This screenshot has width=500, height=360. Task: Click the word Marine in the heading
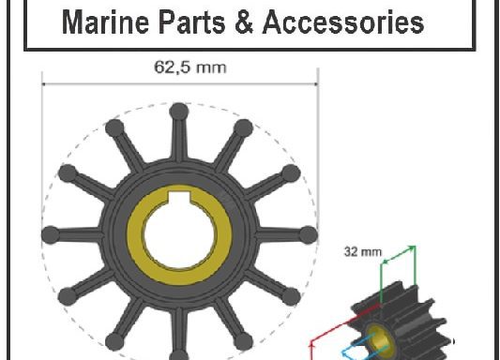click(105, 22)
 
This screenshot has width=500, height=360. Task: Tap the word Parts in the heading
click(192, 22)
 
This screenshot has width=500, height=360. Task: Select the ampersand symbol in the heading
click(244, 22)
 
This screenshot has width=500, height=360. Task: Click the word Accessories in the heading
click(343, 22)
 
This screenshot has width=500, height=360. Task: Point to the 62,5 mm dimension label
click(190, 67)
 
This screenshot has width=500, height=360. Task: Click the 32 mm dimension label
click(363, 251)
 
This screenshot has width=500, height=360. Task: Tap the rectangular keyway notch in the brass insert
click(179, 198)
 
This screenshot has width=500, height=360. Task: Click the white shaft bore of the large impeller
click(179, 234)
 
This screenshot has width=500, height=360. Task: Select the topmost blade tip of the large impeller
click(179, 112)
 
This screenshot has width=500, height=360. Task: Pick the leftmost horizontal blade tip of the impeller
click(51, 234)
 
